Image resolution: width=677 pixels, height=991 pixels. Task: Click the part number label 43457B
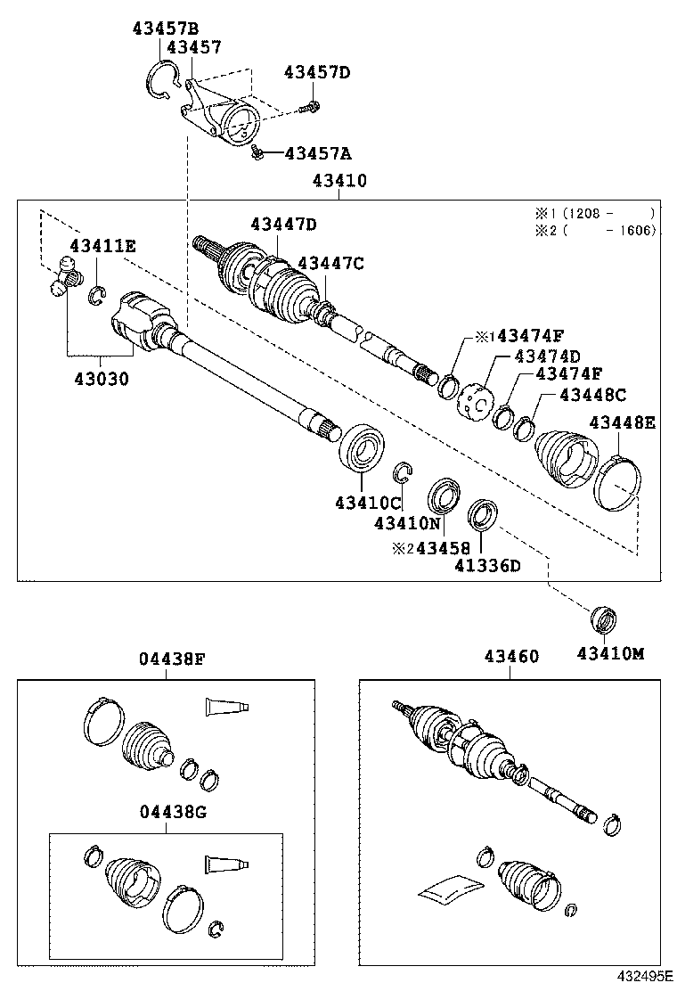[166, 28]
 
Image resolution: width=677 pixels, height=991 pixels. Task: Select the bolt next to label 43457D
[311, 108]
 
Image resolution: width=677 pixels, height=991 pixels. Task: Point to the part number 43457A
[318, 153]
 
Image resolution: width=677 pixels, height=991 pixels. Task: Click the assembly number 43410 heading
[339, 181]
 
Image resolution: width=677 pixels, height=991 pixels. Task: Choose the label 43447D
[283, 224]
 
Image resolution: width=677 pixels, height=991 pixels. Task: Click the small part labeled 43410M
[605, 618]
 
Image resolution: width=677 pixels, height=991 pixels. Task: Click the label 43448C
[593, 395]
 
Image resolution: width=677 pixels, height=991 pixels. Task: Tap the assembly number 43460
[511, 657]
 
